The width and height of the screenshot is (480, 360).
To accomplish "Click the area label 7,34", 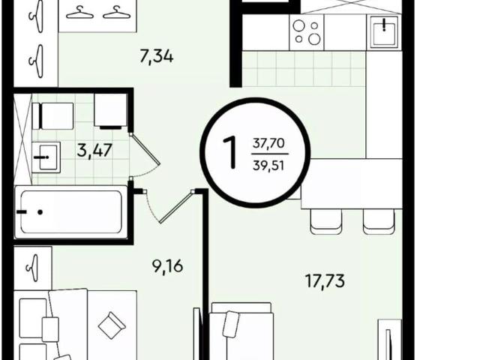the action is (x=157, y=57).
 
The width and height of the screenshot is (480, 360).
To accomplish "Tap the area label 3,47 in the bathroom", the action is (x=94, y=151).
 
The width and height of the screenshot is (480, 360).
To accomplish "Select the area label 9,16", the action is (x=167, y=266).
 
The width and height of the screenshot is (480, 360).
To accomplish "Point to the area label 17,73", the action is (x=325, y=281).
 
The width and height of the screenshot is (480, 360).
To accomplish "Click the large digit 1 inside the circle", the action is (x=230, y=152).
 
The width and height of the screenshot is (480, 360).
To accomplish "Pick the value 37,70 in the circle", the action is (x=268, y=143).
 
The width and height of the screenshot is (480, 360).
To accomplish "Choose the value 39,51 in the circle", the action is (x=268, y=166).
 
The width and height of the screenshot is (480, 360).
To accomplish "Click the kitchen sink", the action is (x=384, y=31).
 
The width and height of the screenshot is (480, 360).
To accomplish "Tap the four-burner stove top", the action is (x=307, y=32).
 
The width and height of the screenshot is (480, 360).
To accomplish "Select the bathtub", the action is (x=70, y=211).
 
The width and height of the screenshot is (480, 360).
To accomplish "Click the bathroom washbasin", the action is (x=46, y=157).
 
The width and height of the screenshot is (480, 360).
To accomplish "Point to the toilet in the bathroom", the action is (x=52, y=116).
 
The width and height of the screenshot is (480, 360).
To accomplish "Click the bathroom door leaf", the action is (x=145, y=148).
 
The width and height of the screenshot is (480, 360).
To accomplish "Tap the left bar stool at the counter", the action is (x=326, y=221).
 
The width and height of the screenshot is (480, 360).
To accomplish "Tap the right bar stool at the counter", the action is (x=378, y=221).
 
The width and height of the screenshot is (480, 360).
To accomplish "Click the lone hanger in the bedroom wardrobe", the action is (x=33, y=268).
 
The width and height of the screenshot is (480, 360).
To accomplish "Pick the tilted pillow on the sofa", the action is (x=231, y=324).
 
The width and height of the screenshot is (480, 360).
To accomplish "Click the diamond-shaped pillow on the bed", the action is (x=112, y=325).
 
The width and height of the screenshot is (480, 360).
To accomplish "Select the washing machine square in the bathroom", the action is (x=110, y=110).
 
